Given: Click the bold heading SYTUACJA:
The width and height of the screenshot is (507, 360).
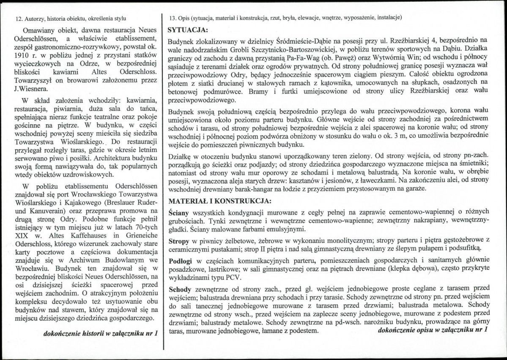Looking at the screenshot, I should coord(188,31).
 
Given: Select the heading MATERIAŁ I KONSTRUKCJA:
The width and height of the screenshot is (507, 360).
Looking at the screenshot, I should coord(220,200).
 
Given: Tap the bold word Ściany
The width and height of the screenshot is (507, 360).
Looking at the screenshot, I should coord(179,211).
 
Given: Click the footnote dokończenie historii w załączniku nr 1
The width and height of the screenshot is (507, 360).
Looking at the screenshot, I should coord(101,333).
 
